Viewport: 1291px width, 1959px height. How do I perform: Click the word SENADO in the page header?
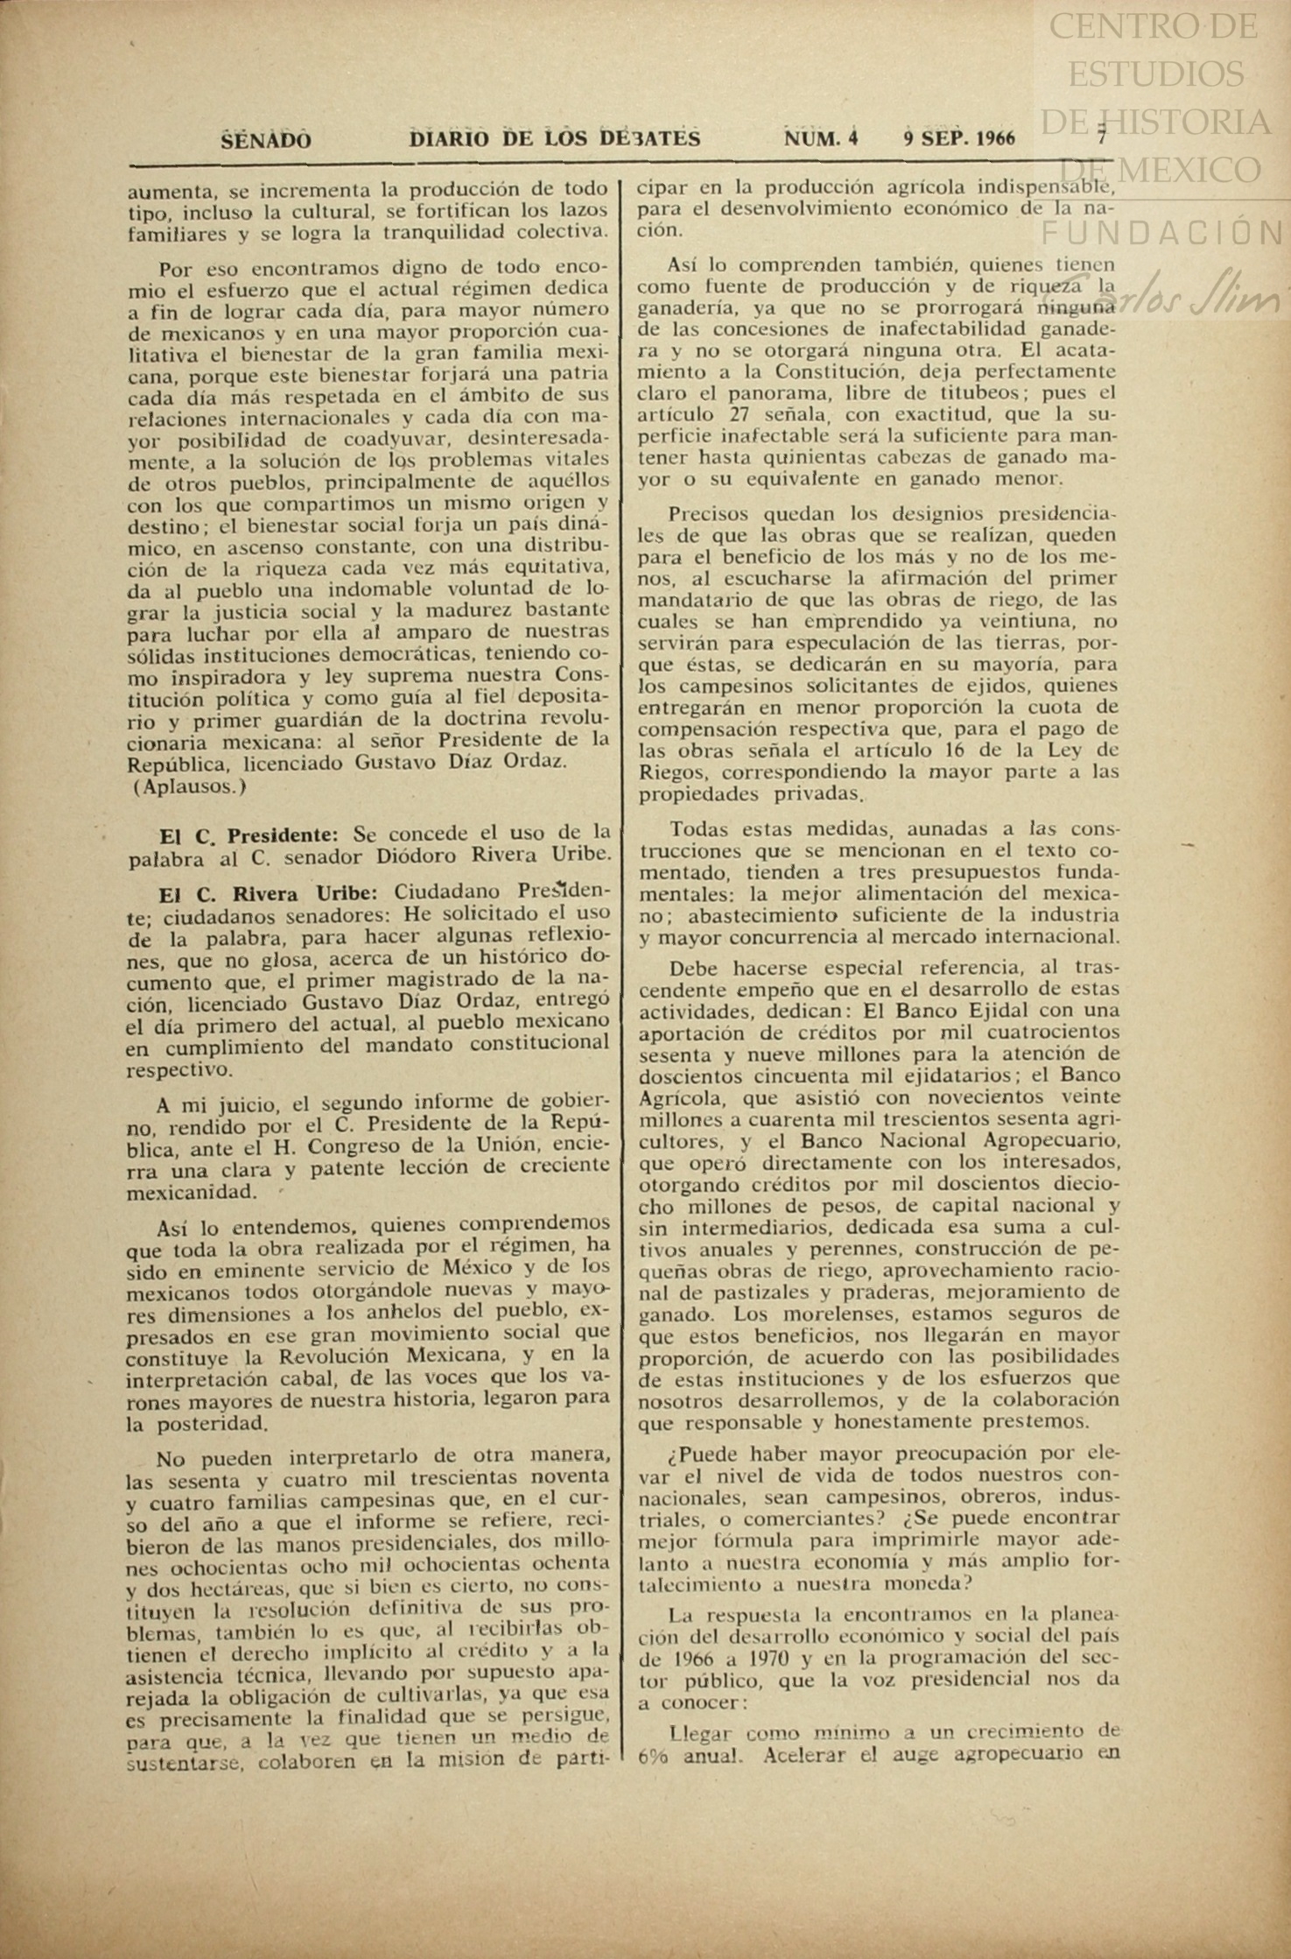(265, 140)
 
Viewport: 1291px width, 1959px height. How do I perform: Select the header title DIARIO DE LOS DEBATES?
(555, 139)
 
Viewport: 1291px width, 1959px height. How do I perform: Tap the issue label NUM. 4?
(821, 139)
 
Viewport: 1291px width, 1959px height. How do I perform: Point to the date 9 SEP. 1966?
(958, 139)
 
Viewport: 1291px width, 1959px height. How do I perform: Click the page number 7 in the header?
(1102, 137)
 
